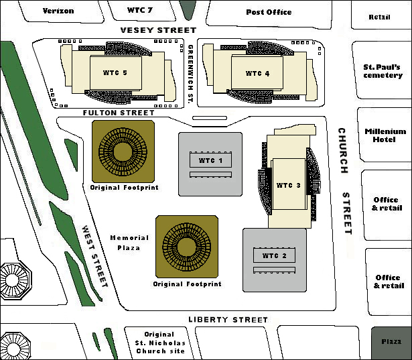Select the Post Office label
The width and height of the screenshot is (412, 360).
(x=269, y=11)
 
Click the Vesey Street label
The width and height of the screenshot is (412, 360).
(x=158, y=30)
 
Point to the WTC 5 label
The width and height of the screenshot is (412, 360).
(x=115, y=73)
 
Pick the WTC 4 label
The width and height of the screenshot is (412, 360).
(x=258, y=73)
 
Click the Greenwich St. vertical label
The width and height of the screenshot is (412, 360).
(x=190, y=74)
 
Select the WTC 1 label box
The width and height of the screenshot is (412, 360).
(x=210, y=161)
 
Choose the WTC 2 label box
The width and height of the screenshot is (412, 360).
(x=274, y=255)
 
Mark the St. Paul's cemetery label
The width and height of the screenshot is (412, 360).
(x=383, y=71)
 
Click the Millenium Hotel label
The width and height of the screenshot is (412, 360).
(x=385, y=135)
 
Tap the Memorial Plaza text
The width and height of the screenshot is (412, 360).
(x=125, y=243)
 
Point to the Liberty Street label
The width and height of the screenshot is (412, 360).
(x=228, y=320)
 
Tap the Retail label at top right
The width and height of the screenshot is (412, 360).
(x=379, y=17)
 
